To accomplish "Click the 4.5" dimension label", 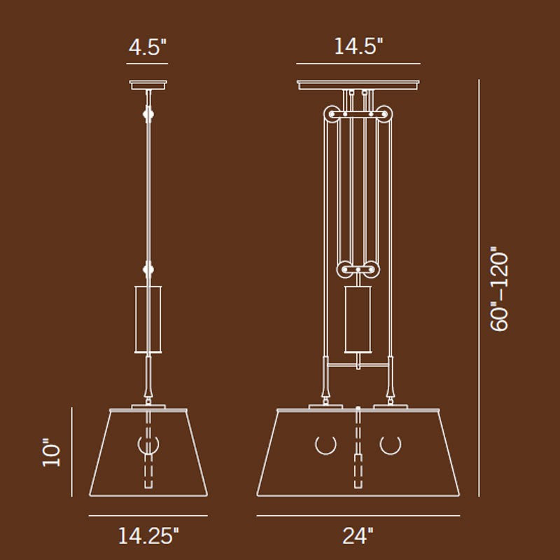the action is click(x=148, y=48).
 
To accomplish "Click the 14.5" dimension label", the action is click(x=358, y=47).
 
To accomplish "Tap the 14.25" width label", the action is click(x=148, y=535).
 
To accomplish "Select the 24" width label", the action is click(x=358, y=535).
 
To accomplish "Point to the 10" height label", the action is click(x=51, y=452).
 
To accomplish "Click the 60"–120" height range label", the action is click(x=498, y=289).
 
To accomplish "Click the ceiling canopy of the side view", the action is click(x=148, y=85).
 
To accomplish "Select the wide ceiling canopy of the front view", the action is click(x=358, y=85).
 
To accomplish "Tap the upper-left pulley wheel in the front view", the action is click(x=332, y=114).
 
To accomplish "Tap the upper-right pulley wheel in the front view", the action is click(x=384, y=114).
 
